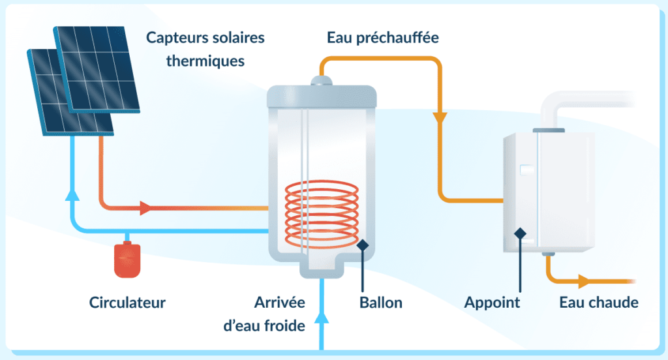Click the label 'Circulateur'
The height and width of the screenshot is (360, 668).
click(127, 303)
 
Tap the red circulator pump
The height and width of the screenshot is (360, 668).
click(128, 259)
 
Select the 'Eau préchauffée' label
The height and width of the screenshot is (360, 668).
click(382, 38)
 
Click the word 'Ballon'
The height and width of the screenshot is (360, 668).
click(381, 303)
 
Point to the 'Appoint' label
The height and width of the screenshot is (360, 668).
click(492, 303)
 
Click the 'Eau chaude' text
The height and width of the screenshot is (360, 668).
click(599, 303)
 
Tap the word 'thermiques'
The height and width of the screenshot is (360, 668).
click(205, 61)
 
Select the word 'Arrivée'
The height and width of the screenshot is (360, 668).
click(280, 303)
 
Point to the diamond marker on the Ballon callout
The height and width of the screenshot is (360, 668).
click(363, 245)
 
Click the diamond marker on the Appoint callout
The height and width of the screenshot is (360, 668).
click(520, 233)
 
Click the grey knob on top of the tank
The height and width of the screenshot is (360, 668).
click(322, 81)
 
